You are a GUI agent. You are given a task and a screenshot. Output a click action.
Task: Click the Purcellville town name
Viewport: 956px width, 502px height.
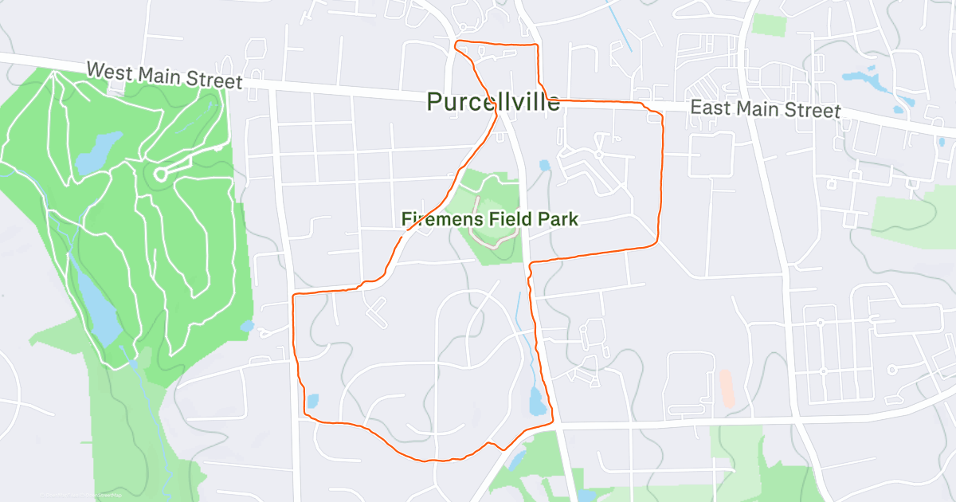coord(493,102)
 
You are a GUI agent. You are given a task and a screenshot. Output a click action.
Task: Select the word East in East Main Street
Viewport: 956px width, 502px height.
coord(707,107)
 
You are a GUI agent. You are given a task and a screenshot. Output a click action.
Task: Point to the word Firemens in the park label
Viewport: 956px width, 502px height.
coord(437,218)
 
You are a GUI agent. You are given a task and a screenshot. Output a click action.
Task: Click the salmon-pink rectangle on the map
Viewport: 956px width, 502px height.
coord(726,388)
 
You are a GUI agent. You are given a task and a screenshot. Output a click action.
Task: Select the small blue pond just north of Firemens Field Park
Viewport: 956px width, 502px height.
coord(544,166)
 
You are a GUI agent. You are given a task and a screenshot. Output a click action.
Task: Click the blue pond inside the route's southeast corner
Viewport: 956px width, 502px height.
coord(537,401)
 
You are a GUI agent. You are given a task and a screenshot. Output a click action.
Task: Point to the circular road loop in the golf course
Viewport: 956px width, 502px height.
coord(160,174)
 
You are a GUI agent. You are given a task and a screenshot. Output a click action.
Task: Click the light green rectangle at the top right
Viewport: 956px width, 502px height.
coord(769,24)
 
